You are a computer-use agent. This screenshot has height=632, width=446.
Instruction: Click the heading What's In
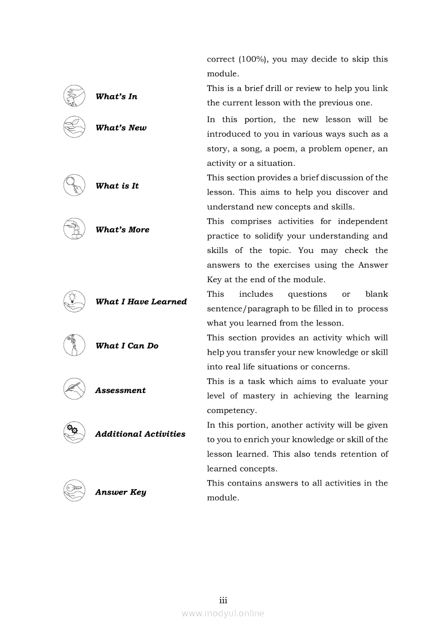[116, 97]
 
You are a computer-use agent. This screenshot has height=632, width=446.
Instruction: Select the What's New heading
[121, 128]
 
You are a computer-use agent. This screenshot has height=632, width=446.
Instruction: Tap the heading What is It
[117, 186]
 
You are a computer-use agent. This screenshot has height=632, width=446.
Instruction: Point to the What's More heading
[122, 230]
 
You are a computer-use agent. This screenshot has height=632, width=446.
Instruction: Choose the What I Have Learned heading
[141, 302]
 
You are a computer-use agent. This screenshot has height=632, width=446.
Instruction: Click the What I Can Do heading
[127, 346]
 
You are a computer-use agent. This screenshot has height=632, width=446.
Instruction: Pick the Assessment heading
[120, 390]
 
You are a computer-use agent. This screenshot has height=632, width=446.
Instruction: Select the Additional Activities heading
[140, 434]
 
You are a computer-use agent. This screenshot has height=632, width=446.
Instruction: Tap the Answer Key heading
[120, 493]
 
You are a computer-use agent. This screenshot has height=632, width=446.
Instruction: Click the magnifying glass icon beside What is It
[74, 185]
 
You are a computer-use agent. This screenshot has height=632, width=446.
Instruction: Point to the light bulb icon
[74, 301]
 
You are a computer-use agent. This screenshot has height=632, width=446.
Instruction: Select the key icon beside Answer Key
[74, 491]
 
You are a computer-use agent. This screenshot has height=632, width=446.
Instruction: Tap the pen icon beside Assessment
[74, 389]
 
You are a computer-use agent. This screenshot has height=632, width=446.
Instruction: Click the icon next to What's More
[74, 229]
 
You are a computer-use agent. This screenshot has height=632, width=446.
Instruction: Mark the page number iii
[223, 601]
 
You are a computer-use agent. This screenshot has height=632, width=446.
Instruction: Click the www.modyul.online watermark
[223, 614]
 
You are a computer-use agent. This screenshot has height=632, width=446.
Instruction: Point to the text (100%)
[253, 59]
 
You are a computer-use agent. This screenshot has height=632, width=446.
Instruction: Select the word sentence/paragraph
[248, 309]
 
